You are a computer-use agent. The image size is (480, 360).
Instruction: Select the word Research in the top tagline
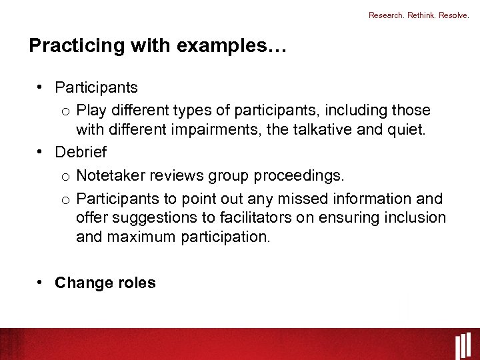tap(387, 15)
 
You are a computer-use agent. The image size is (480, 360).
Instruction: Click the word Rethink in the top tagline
tap(423, 15)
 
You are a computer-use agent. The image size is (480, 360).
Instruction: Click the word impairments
tap(218, 129)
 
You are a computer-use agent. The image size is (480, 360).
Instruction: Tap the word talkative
tap(321, 129)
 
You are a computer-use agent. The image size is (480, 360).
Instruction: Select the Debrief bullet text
tap(81, 152)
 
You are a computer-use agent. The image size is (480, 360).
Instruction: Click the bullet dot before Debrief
tap(41, 151)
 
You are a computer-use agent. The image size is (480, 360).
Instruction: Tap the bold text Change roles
tap(105, 283)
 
